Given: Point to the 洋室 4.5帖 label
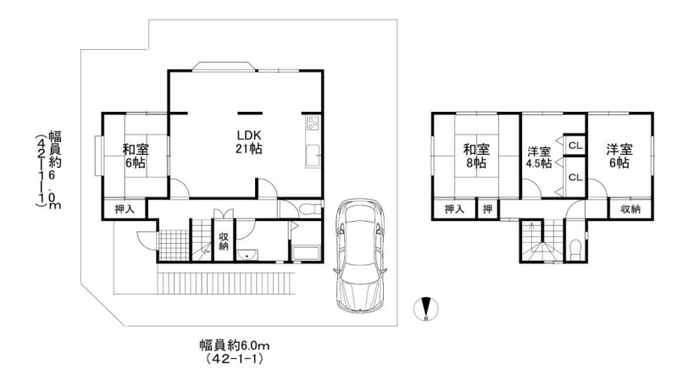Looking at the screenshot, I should [538, 157].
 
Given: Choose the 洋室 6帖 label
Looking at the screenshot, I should [618, 156].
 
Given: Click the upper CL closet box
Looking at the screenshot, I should [574, 146].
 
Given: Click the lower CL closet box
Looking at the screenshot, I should [574, 177].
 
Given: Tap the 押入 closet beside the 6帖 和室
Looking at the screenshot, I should [125, 207].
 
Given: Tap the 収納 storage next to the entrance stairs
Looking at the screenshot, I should [224, 241].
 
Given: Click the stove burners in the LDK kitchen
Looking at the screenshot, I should [311, 124].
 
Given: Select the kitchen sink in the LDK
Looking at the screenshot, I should [312, 157].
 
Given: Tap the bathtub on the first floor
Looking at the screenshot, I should [304, 251].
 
